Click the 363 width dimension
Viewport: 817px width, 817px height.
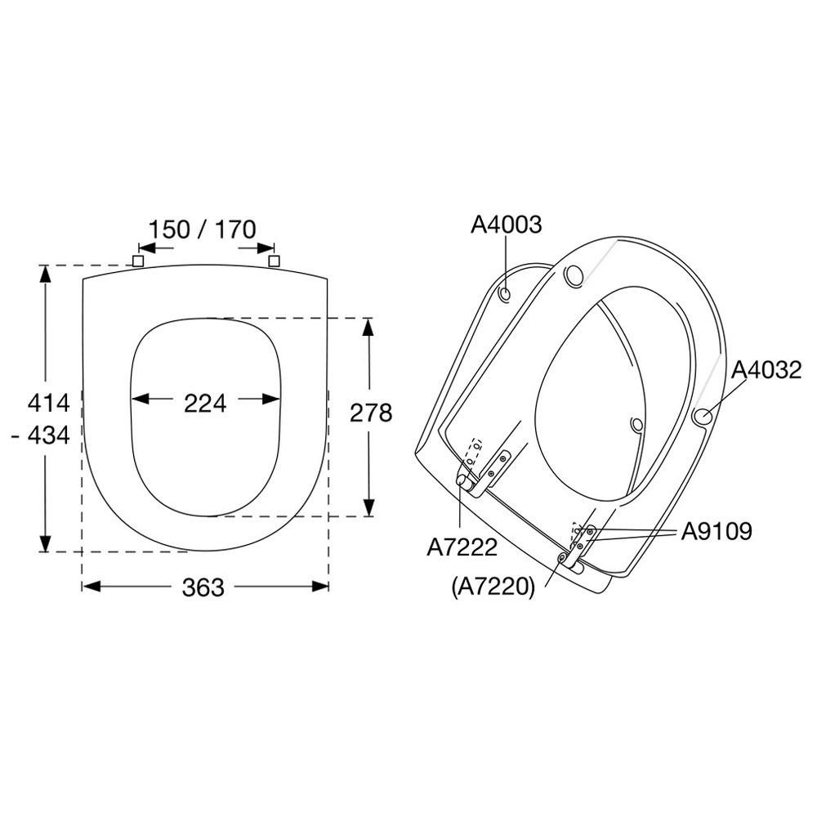[x=203, y=587]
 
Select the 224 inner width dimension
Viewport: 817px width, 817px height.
[x=205, y=404]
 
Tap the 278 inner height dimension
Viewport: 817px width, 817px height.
[x=370, y=413]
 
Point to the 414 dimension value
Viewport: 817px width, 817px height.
[x=48, y=404]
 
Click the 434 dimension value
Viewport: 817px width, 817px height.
[x=48, y=435]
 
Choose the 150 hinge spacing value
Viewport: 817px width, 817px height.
[x=169, y=230]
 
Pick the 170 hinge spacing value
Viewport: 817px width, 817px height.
[x=235, y=230]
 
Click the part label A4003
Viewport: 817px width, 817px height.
[x=506, y=225]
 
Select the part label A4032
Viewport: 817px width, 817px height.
[x=766, y=370]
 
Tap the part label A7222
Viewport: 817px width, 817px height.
[x=462, y=547]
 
